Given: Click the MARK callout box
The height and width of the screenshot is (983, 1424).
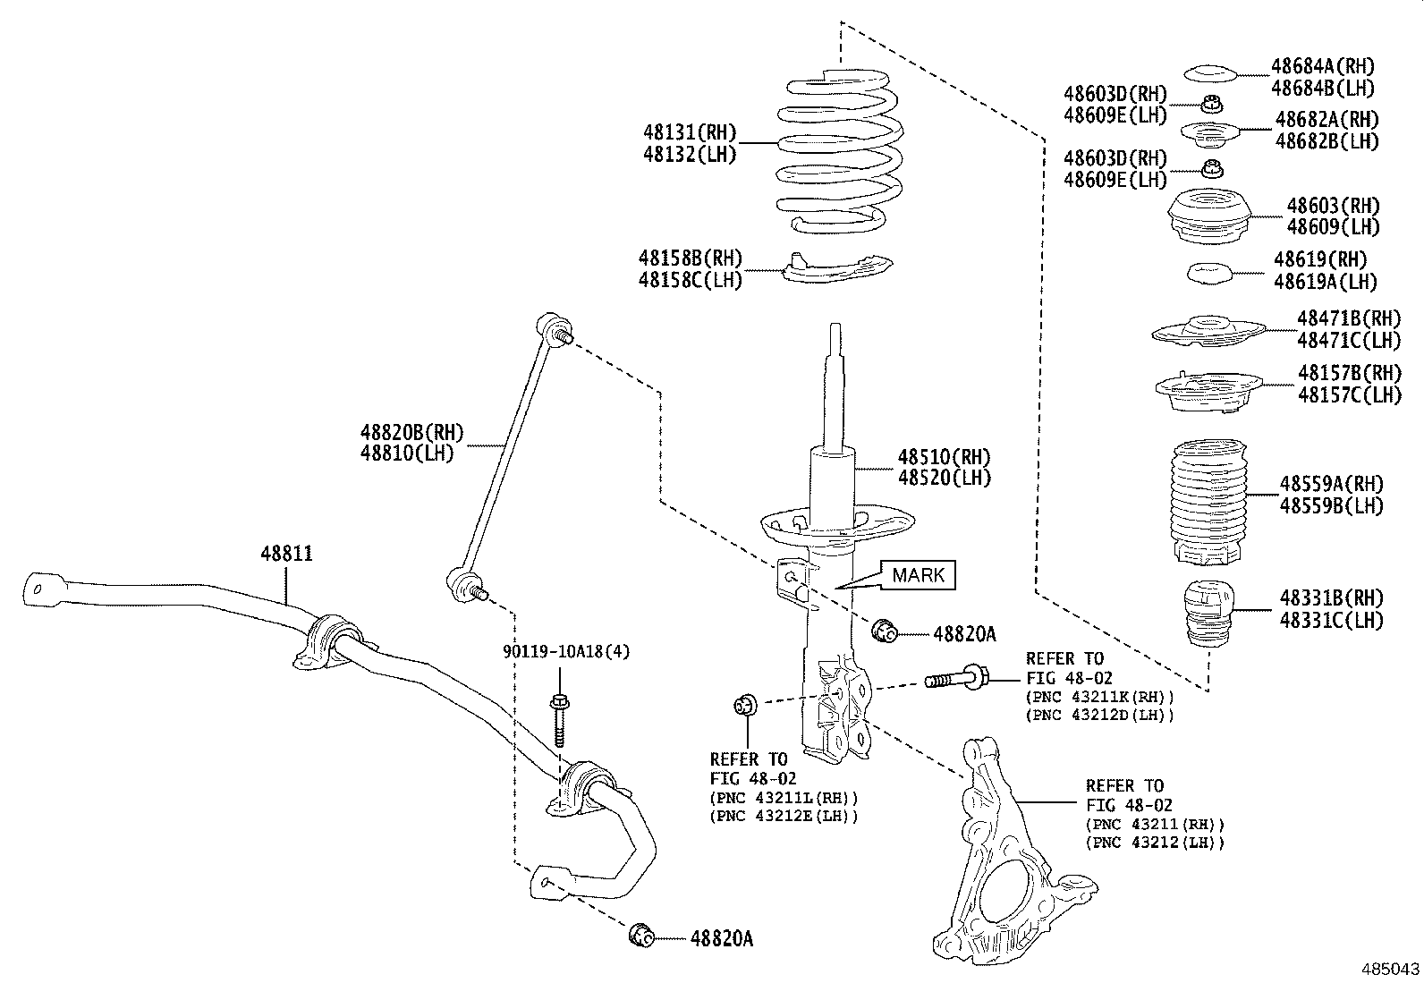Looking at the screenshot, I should click(x=919, y=575).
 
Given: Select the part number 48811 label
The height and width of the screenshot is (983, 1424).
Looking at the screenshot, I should click(x=286, y=554).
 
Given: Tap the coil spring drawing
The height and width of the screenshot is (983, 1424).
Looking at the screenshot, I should click(x=835, y=152).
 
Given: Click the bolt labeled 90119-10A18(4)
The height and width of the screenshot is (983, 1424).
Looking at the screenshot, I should click(x=558, y=720).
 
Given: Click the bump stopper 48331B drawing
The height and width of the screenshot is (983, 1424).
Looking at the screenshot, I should click(x=1208, y=616).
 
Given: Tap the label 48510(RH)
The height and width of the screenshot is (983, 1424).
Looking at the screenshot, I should click(x=945, y=457).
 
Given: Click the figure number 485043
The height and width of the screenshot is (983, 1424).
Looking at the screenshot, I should click(x=1389, y=969).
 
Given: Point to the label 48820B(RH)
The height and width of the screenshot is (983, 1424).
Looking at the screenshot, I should click(x=411, y=433).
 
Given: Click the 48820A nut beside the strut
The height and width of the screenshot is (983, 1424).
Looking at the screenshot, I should click(x=885, y=631).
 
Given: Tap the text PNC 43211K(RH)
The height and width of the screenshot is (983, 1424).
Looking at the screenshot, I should click(x=1099, y=697).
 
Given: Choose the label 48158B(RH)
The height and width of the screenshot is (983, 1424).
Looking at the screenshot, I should click(x=690, y=258).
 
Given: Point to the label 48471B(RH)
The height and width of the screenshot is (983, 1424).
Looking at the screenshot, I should click(x=1348, y=318).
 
